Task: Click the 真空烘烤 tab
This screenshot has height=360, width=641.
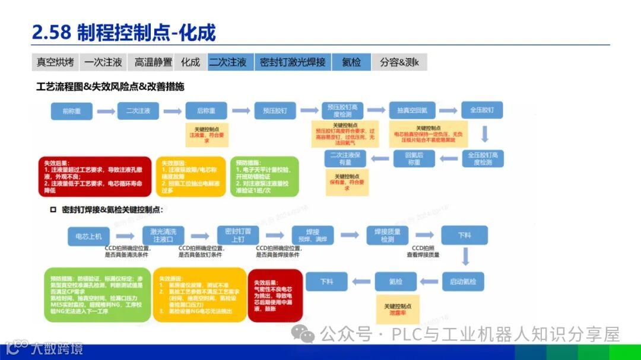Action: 55,62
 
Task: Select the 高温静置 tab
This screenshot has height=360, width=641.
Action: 153,62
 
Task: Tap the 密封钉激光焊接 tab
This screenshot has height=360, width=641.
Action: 293,62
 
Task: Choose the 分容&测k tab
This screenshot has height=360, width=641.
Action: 399,62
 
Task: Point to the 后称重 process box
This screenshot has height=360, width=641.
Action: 206,111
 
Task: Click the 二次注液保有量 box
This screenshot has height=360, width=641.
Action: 345,158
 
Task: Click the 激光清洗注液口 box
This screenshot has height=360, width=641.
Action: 167,235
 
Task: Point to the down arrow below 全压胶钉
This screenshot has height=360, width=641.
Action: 484,134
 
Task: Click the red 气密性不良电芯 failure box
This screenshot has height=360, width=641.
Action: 274,295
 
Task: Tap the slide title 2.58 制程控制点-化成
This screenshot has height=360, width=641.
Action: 123,32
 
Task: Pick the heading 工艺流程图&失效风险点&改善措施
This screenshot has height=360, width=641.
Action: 110,87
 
